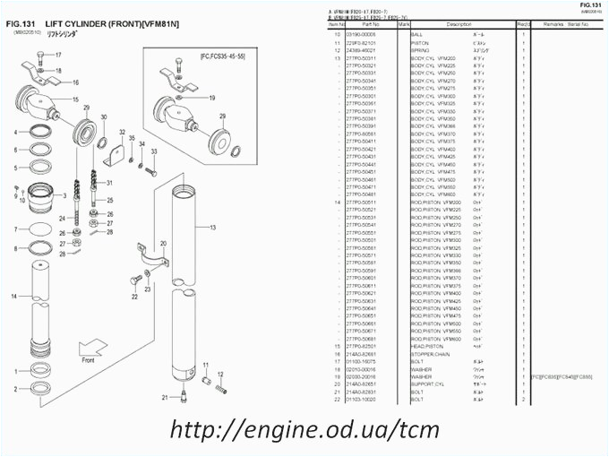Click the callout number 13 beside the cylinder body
click(x=212, y=228)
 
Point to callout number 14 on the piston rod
click(x=14, y=296)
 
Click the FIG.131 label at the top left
click(x=20, y=22)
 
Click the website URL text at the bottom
click(x=304, y=429)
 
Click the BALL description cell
click(x=417, y=33)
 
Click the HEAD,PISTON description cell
click(x=427, y=346)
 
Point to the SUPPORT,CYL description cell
click(x=428, y=384)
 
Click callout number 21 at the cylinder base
click(x=164, y=396)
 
